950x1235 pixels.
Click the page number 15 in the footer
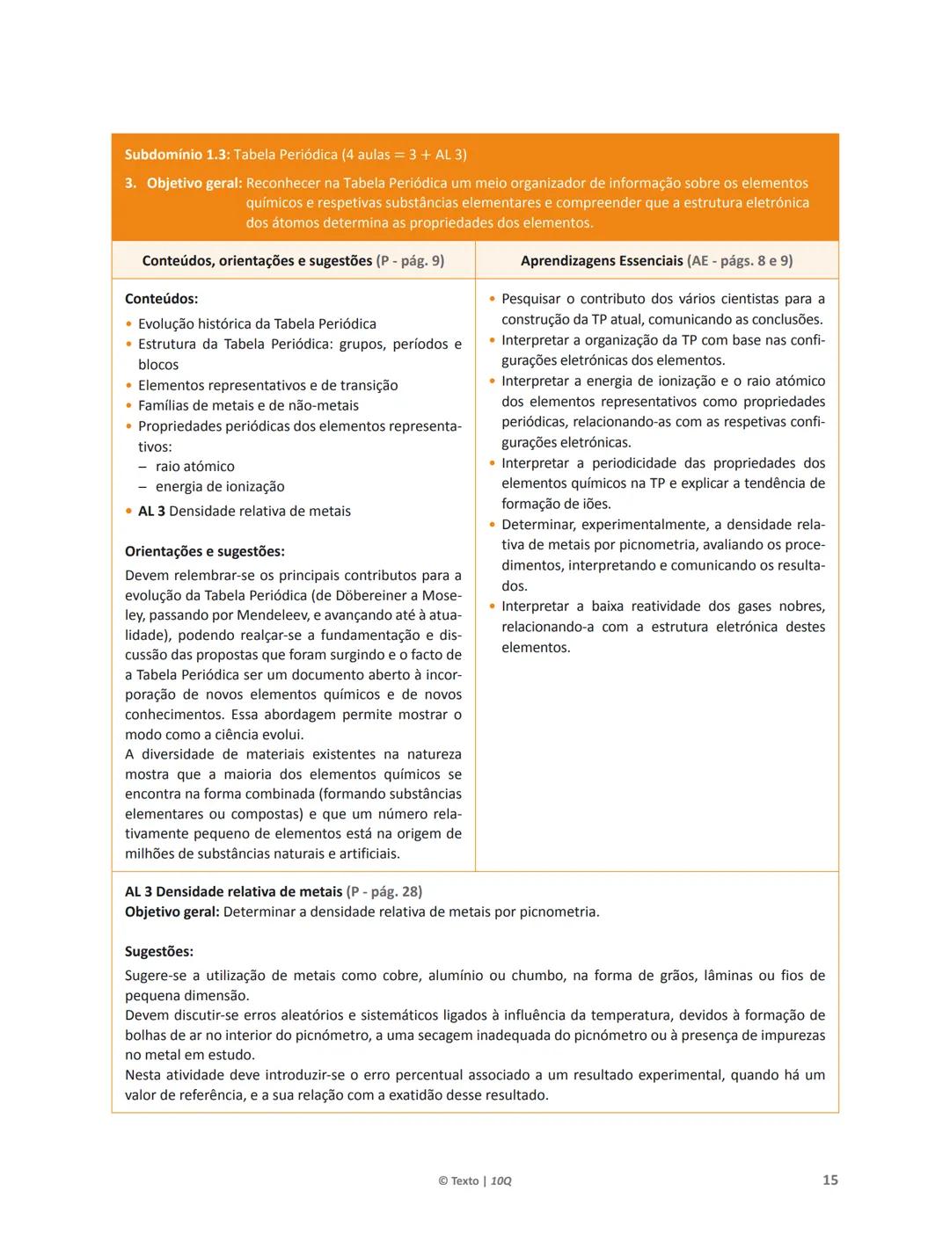click(829, 1180)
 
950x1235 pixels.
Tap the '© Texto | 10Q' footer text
click(474, 1181)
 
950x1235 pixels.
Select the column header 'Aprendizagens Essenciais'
click(602, 261)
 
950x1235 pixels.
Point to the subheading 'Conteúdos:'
click(161, 299)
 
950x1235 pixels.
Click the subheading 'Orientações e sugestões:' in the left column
click(204, 552)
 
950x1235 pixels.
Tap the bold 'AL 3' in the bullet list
click(151, 512)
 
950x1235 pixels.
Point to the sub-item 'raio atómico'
click(194, 467)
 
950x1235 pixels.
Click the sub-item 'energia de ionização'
click(220, 487)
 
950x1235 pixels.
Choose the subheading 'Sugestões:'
click(159, 952)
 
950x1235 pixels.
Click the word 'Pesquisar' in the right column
click(530, 300)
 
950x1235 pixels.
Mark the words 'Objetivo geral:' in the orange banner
click(194, 184)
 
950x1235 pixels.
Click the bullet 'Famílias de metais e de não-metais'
click(248, 406)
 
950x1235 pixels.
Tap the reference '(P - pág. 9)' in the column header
click(410, 261)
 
